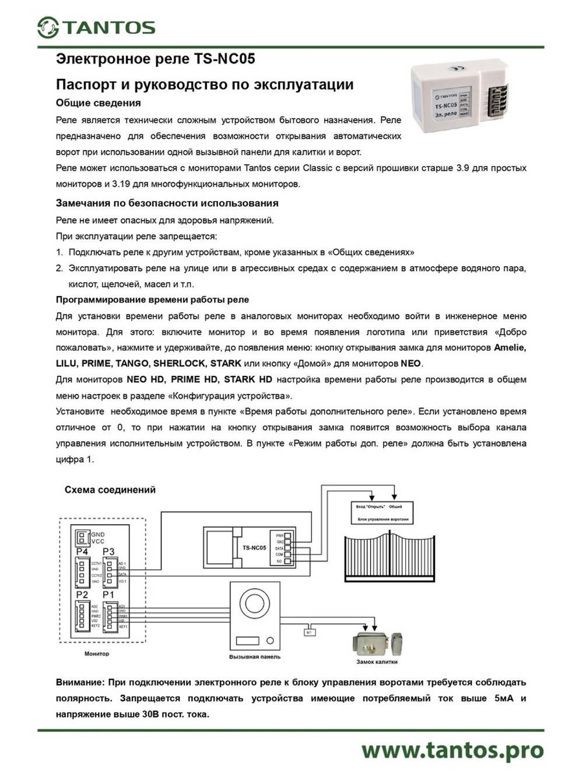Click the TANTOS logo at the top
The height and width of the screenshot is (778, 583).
pos(96,27)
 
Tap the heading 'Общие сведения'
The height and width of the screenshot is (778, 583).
pos(98,103)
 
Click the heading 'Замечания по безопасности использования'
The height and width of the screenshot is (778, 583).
pos(167,203)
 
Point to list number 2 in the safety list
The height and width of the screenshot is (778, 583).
pos(59,268)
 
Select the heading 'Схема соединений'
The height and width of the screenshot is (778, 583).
pos(110,490)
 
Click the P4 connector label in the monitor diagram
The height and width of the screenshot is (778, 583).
pos(82,552)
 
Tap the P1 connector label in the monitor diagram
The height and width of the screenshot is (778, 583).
pos(109,595)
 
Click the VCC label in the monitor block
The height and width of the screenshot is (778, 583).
pos(97,541)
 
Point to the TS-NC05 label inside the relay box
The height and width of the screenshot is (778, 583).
pos(254,547)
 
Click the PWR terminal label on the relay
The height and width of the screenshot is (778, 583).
pos(279,535)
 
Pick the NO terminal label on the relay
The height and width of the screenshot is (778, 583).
pos(279,561)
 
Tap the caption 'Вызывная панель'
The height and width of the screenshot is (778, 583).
pos(255,657)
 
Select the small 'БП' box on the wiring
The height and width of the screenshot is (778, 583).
pos(309,632)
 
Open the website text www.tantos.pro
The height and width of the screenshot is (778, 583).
pos(452,751)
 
